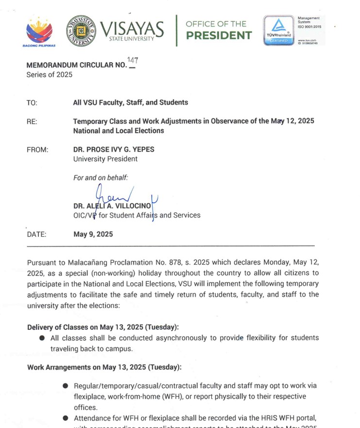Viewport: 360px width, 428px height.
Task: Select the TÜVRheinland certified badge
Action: click(279, 30)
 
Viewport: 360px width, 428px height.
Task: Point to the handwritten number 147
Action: click(132, 61)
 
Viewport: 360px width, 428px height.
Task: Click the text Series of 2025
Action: click(49, 74)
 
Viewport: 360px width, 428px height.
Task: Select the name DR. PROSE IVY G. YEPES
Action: click(114, 150)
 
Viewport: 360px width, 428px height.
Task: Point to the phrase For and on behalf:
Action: click(101, 178)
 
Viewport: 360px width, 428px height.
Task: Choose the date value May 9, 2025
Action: click(93, 234)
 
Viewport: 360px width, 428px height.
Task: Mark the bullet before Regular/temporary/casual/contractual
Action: click(65, 386)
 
